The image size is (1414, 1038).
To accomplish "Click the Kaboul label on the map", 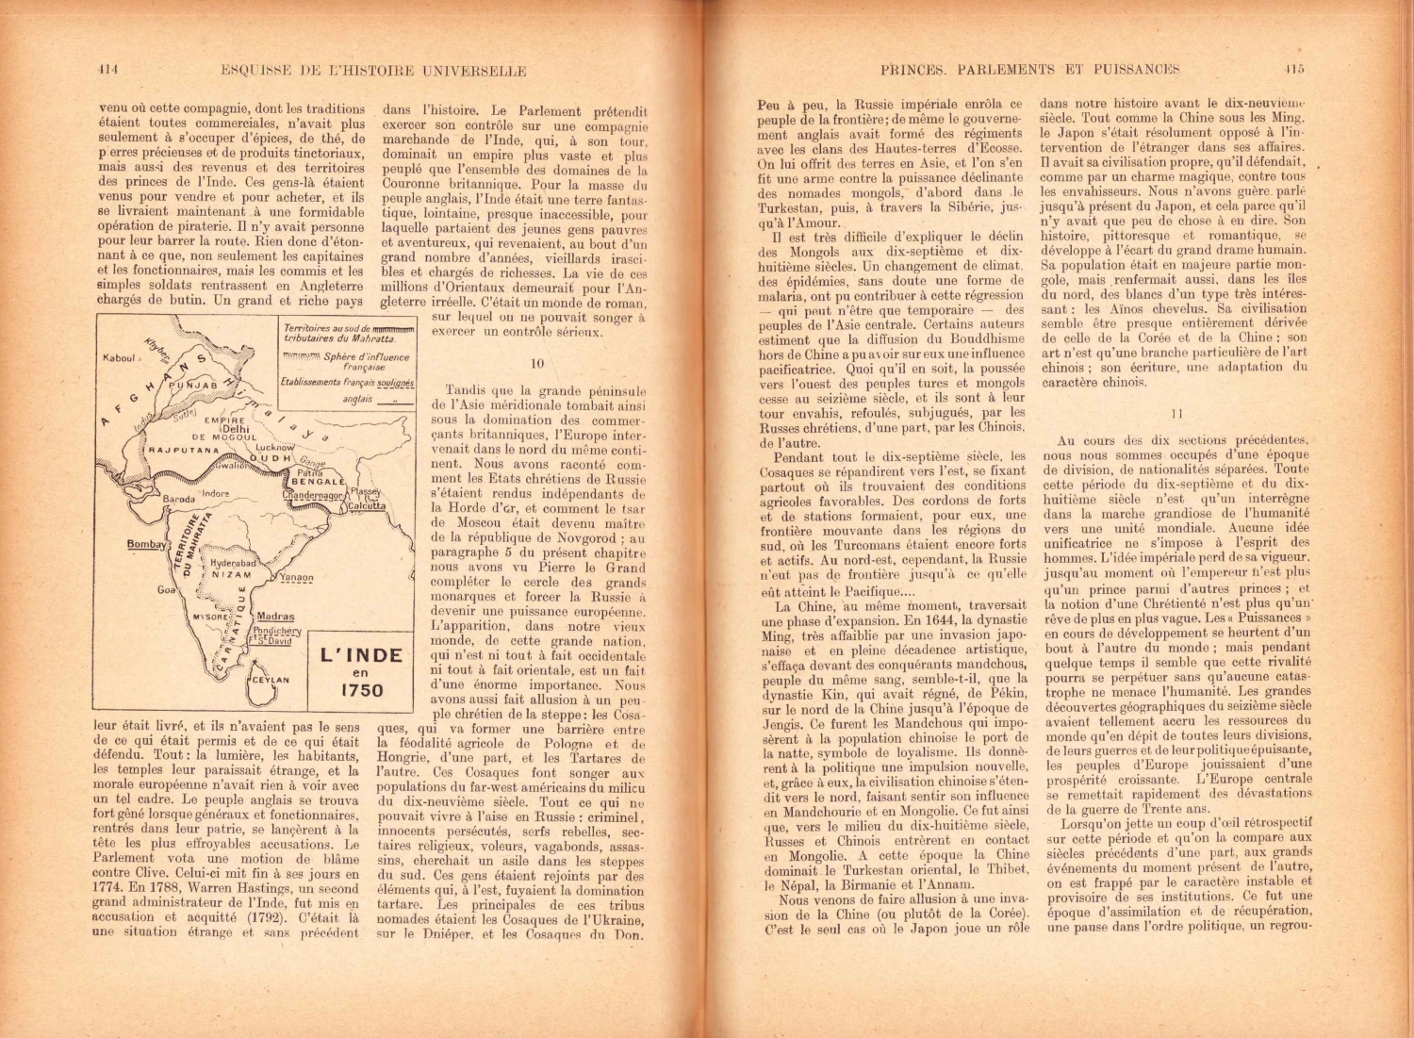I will [120, 357].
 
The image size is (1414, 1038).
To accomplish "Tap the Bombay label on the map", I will [146, 544].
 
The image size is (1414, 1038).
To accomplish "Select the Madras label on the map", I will [275, 616].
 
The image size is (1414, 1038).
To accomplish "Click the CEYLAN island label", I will [271, 679].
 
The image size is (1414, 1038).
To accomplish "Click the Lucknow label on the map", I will [274, 448].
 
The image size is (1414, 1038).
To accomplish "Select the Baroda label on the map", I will [178, 499].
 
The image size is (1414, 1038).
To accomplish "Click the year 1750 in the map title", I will [361, 690].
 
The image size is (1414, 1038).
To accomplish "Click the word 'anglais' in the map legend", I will [359, 399].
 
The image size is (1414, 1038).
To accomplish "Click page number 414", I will [107, 69].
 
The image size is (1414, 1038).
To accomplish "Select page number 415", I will [1292, 69].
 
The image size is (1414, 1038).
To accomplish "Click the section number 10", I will [537, 363].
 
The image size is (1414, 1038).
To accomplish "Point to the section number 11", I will [1176, 413].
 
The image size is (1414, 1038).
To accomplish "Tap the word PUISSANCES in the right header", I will [1136, 69].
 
